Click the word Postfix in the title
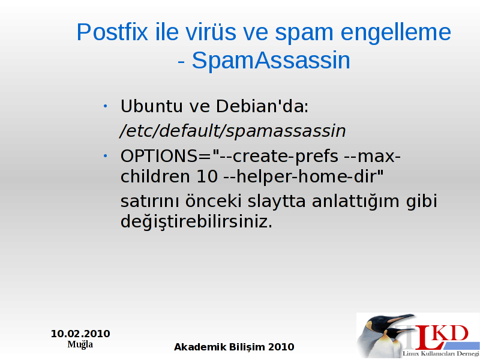(112, 32)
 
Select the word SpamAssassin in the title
(271, 61)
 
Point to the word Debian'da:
(262, 106)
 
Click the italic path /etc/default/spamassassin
(233, 131)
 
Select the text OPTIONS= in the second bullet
(166, 156)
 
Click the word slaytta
(277, 202)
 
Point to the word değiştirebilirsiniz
(196, 221)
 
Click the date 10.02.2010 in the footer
(80, 334)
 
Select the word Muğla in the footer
(80, 344)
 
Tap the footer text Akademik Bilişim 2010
(234, 347)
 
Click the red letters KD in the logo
(452, 333)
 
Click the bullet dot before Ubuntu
(106, 107)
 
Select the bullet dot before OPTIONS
(106, 157)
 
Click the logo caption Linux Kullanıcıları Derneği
(441, 354)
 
